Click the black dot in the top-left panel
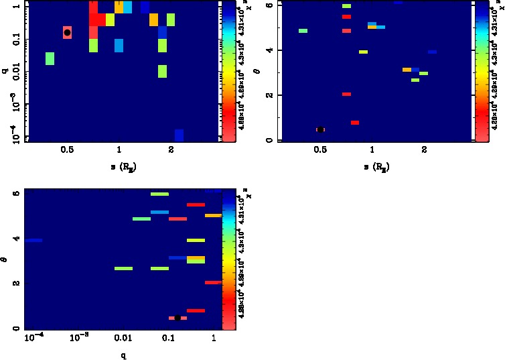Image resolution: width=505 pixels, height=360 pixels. coord(67,32)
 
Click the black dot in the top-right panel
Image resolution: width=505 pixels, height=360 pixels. coord(321,129)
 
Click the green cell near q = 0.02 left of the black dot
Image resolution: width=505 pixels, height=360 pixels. coord(50,58)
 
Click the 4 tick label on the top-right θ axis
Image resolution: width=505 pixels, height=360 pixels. coord(269,50)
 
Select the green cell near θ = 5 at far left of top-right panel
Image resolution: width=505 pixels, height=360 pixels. coord(303,31)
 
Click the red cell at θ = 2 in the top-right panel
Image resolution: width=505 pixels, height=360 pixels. coord(346,94)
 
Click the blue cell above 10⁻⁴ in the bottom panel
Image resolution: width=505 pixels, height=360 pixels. coord(33,240)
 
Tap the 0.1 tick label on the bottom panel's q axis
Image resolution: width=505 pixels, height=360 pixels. coord(169,340)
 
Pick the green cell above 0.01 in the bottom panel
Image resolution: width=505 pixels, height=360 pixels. coord(123,268)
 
